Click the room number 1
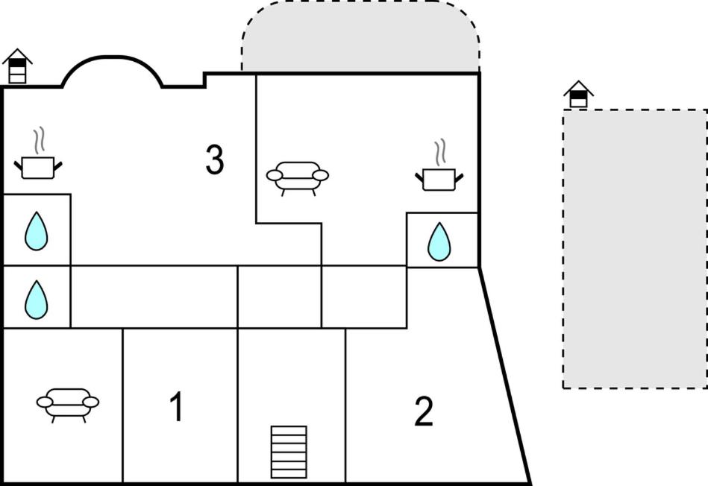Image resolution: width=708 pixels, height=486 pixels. click(x=176, y=407)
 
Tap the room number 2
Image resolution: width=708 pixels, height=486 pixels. click(x=424, y=411)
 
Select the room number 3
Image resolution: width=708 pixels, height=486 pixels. click(x=215, y=160)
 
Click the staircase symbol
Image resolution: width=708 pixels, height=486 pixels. click(x=289, y=452)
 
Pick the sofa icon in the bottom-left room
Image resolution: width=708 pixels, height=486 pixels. click(x=68, y=403)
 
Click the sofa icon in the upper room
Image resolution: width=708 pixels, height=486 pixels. click(x=298, y=177)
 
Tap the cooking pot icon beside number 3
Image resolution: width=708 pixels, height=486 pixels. click(x=37, y=167)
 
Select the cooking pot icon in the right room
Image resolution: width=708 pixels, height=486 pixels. click(x=439, y=179)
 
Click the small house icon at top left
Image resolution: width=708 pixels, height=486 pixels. click(x=18, y=66)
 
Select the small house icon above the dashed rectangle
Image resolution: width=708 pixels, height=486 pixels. click(x=578, y=95)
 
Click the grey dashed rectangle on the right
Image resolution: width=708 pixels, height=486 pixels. click(x=634, y=248)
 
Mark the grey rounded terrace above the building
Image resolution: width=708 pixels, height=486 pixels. click(x=360, y=37)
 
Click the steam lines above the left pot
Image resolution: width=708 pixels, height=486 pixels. click(x=39, y=139)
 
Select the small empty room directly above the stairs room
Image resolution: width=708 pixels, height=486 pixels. click(x=279, y=296)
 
